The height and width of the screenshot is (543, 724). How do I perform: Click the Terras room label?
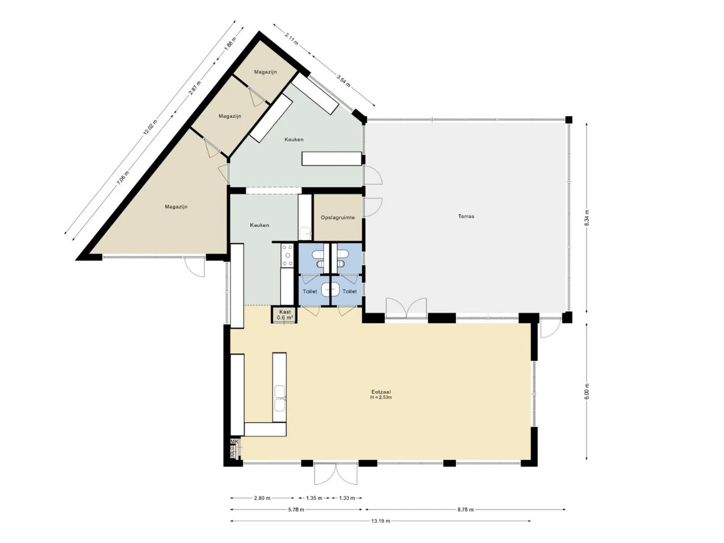point(466,216)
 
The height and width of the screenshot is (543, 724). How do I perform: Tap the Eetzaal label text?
point(381,391)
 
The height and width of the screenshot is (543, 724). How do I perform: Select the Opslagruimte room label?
point(337,217)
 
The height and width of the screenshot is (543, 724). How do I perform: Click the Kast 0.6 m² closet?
point(285,315)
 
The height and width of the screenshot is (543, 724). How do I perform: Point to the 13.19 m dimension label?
point(380,521)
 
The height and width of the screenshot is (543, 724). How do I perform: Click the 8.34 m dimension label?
point(587,219)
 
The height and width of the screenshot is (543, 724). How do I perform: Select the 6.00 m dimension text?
point(587,392)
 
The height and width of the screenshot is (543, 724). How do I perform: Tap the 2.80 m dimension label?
point(262,498)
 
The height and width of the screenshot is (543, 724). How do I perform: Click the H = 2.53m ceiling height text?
point(381,397)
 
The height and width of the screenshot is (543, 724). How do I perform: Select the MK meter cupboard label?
point(234,442)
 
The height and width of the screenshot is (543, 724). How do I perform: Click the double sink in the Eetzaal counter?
point(280,399)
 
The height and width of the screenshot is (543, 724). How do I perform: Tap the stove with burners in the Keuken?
point(287,255)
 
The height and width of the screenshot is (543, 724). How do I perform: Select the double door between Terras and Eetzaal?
point(406,308)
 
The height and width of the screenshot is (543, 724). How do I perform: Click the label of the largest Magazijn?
point(176,207)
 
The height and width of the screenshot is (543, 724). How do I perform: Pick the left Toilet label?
point(310,292)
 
